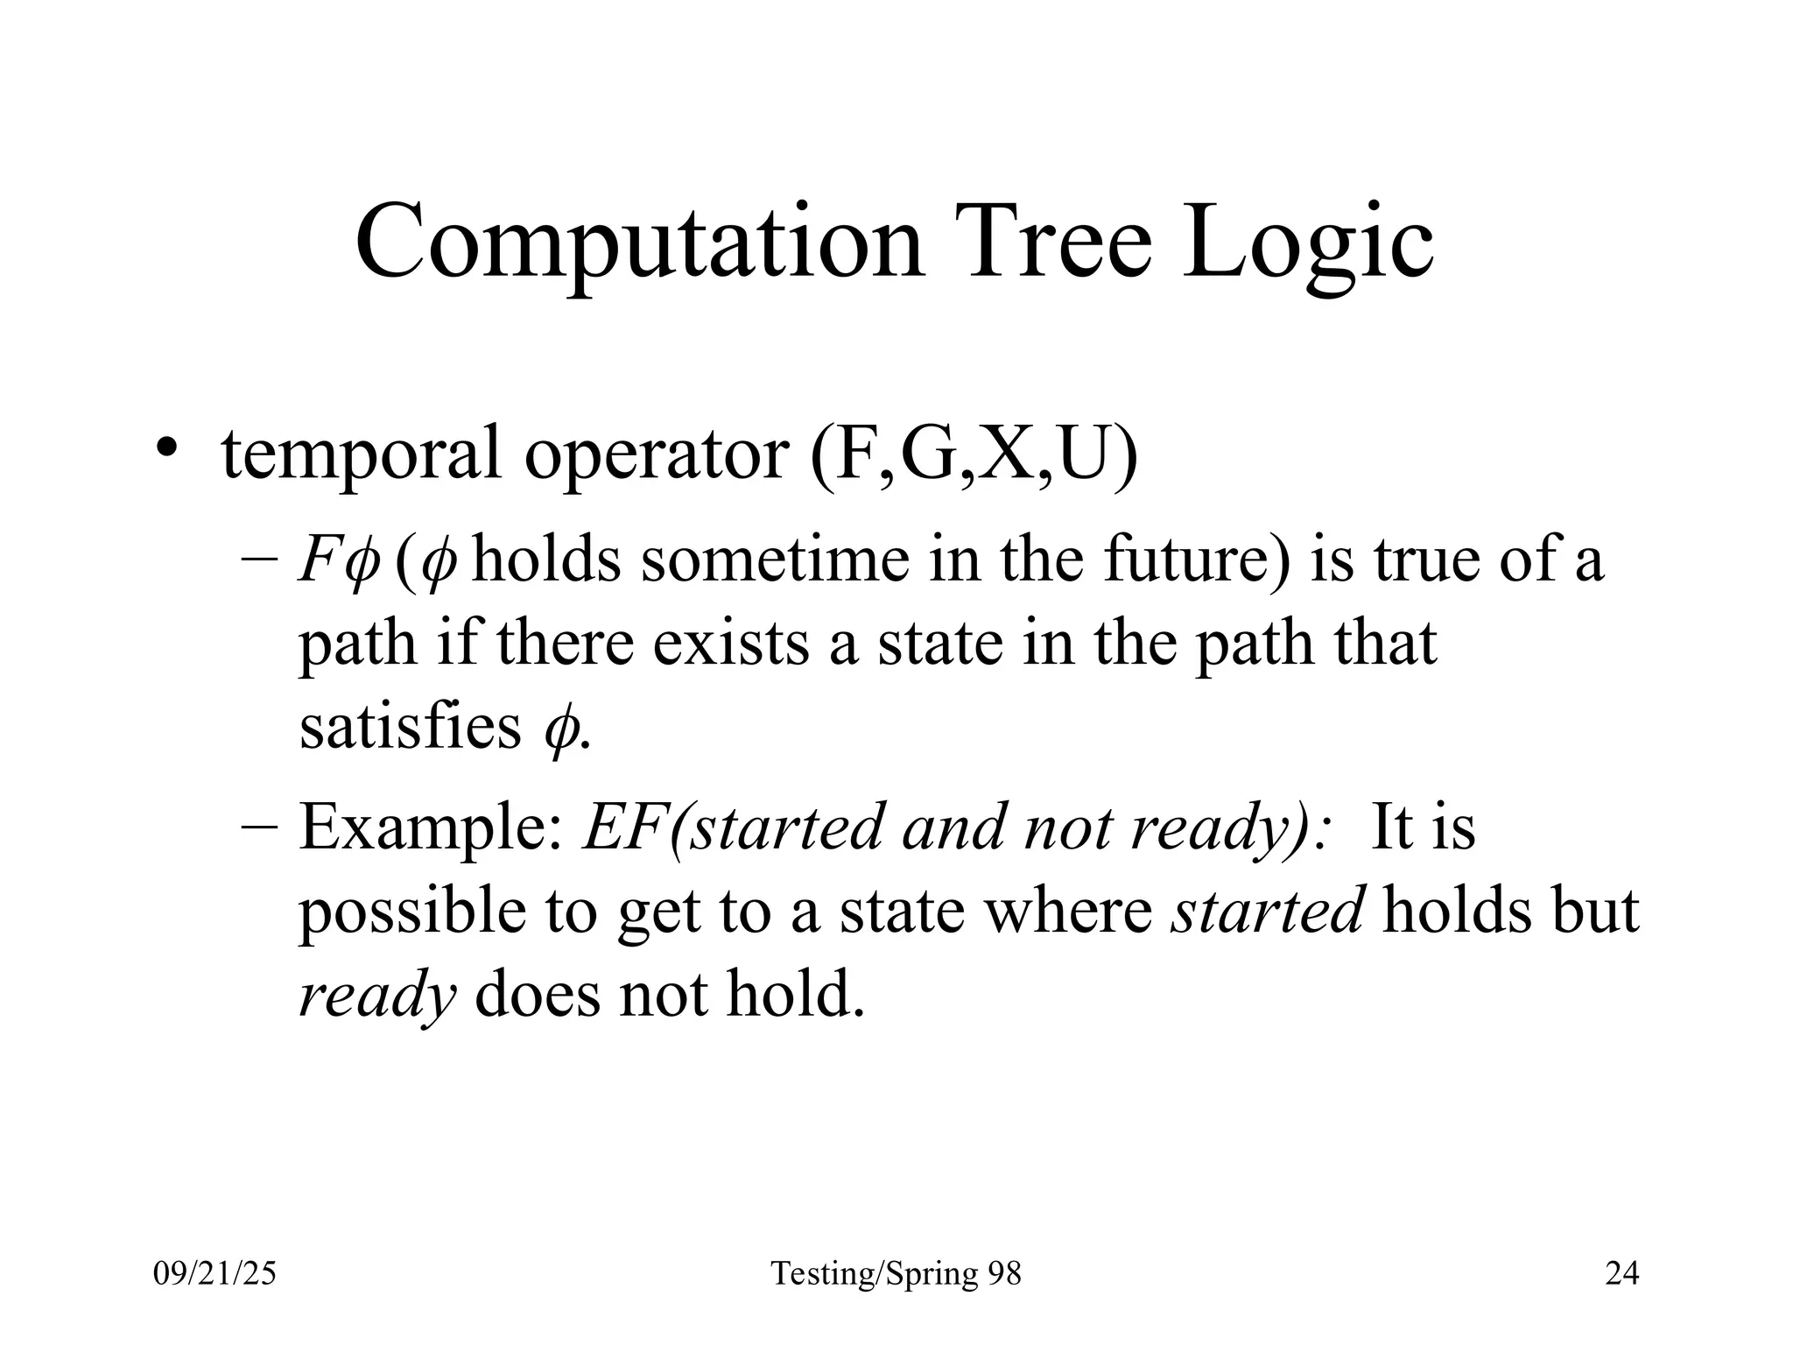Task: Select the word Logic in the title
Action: pyautogui.click(x=1308, y=243)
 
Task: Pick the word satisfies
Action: pyautogui.click(x=411, y=727)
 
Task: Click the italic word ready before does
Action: pyautogui.click(x=377, y=996)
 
